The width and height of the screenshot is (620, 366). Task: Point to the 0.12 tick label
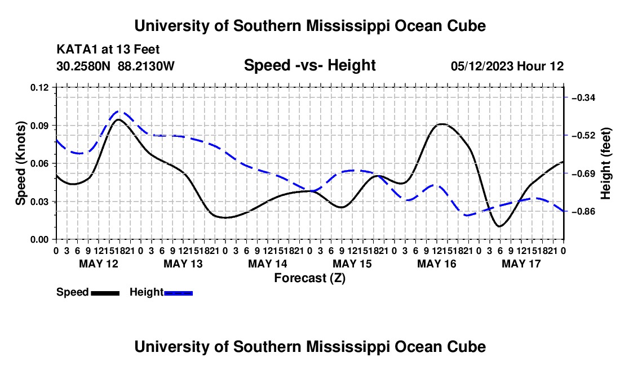click(39, 88)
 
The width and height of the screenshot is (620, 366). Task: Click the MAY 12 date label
click(99, 264)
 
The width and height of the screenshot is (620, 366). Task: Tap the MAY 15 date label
click(352, 264)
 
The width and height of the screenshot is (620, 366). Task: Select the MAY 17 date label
click(521, 264)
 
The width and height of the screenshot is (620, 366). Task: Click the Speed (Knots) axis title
click(20, 163)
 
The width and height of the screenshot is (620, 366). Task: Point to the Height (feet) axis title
click(605, 163)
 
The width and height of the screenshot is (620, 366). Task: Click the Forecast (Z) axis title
click(310, 278)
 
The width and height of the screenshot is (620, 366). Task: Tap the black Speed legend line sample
click(105, 293)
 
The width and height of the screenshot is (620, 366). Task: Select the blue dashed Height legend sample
click(178, 293)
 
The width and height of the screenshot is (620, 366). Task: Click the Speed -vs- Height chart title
click(310, 65)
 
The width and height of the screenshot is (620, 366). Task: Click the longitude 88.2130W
click(146, 66)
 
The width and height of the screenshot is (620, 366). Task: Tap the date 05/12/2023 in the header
click(482, 66)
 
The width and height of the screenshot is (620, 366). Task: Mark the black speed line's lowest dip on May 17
click(499, 226)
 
